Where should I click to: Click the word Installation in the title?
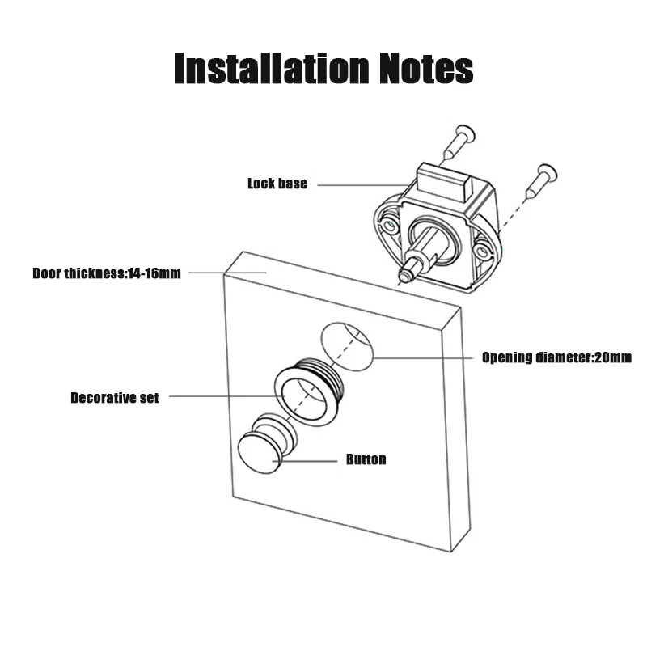click(x=272, y=68)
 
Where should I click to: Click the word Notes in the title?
click(x=426, y=68)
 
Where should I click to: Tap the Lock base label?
click(x=277, y=184)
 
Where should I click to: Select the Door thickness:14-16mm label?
click(x=107, y=273)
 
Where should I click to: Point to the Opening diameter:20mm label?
click(x=556, y=357)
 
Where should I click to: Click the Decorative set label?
click(x=115, y=398)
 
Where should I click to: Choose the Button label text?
click(x=366, y=459)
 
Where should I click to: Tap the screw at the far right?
click(x=541, y=181)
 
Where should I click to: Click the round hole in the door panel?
click(x=347, y=347)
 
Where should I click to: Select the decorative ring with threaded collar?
click(x=309, y=391)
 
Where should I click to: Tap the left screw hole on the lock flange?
click(x=389, y=226)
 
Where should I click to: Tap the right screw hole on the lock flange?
click(x=480, y=252)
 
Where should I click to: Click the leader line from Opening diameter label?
click(x=423, y=357)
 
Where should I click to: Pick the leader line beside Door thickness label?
click(x=227, y=273)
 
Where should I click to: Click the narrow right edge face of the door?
click(x=456, y=429)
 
